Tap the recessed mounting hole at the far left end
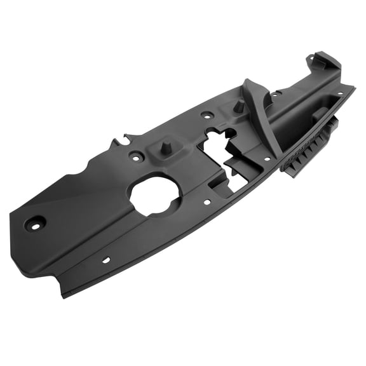point(34,223)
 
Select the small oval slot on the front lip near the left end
point(105,260)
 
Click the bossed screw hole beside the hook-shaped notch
point(136,154)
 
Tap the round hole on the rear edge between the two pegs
point(207,116)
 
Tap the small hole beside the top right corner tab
point(309,60)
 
